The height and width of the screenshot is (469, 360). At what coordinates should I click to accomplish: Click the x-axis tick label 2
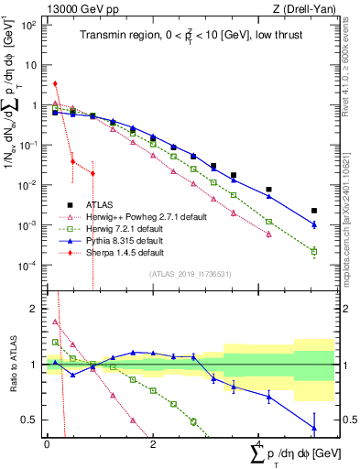[153, 443]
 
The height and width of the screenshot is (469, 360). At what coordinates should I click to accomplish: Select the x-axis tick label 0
[47, 443]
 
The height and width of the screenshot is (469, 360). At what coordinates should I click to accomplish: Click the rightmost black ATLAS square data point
[314, 210]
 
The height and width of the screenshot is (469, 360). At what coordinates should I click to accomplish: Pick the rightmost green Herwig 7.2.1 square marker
[314, 251]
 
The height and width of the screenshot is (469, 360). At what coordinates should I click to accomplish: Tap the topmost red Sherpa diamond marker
[56, 83]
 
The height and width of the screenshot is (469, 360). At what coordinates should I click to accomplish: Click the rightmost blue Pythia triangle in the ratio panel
[314, 428]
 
